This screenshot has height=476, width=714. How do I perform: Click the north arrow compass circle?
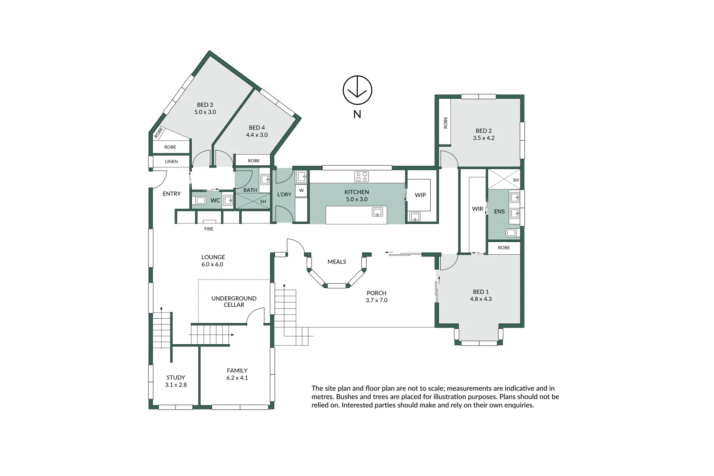(x=357, y=90)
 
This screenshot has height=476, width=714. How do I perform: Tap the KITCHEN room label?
(x=357, y=192)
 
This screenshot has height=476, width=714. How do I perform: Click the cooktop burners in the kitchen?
(x=361, y=177)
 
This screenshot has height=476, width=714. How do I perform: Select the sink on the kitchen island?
(x=377, y=213)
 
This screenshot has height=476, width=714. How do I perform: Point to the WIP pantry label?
(x=420, y=195)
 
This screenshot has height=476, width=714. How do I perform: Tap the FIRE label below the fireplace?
(x=208, y=229)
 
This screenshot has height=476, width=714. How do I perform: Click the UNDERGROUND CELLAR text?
(x=234, y=301)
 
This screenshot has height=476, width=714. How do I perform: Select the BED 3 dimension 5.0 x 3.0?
(x=205, y=112)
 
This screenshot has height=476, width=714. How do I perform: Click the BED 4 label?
(x=257, y=127)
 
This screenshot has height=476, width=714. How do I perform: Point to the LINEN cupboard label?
(x=171, y=161)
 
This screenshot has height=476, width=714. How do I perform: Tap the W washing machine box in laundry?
(x=301, y=190)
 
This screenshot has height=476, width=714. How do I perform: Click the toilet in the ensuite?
(x=512, y=233)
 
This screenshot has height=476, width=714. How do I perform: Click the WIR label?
(x=477, y=209)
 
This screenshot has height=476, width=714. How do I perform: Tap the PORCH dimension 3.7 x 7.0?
(x=376, y=300)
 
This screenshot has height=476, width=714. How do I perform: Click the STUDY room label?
(x=175, y=377)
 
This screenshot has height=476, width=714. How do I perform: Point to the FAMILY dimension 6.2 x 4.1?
(x=237, y=378)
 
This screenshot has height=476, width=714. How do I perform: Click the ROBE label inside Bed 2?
(x=445, y=122)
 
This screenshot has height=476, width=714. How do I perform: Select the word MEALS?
(x=337, y=262)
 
